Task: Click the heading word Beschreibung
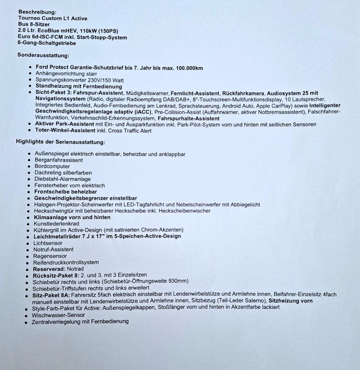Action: coord(37,11)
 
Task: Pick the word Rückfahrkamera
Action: coord(244,92)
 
